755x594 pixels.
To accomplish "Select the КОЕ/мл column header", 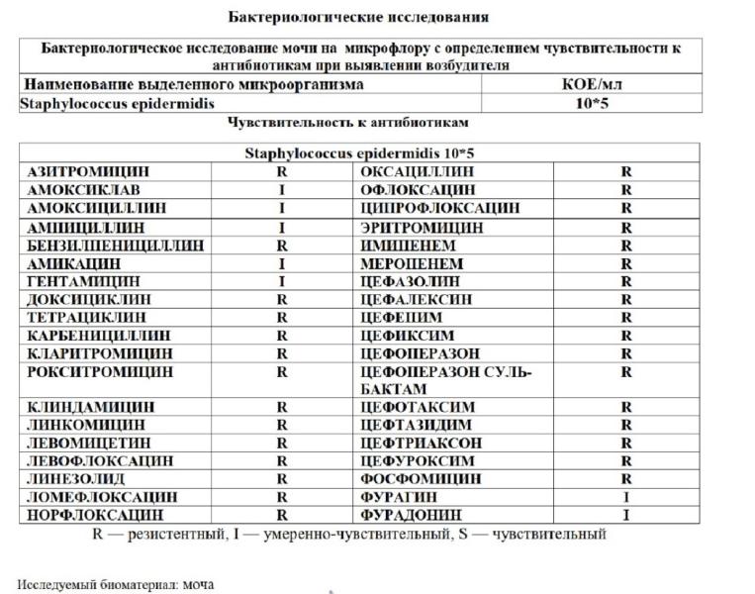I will [591, 84].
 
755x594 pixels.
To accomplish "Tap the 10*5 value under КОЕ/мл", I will [591, 103].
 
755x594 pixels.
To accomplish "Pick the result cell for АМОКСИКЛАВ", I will [282, 189].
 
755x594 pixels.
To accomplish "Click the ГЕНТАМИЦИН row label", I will [76, 281].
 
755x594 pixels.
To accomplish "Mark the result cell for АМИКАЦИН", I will [282, 263].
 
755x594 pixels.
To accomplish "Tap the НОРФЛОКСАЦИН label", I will [88, 515].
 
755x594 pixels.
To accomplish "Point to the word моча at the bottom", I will [199, 584].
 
